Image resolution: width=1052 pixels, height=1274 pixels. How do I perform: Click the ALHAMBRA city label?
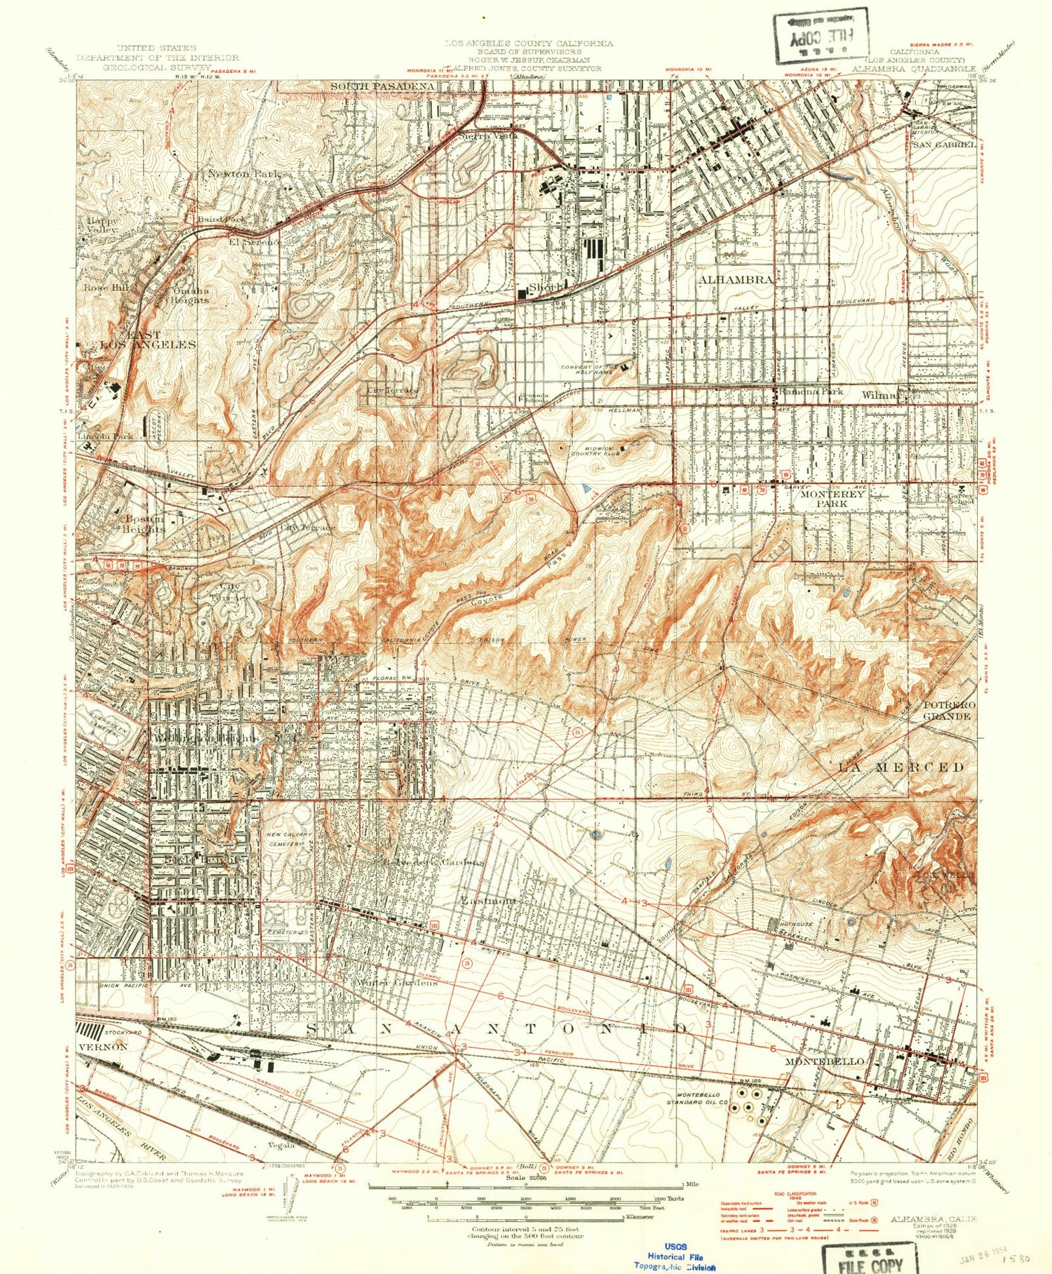pyautogui.click(x=736, y=279)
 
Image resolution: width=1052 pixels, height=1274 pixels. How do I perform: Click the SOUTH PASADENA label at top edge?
pyautogui.click(x=382, y=86)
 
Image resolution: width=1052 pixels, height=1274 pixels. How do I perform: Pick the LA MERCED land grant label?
pyautogui.click(x=901, y=767)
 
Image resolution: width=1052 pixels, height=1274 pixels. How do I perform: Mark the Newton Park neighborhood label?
pyautogui.click(x=244, y=173)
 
